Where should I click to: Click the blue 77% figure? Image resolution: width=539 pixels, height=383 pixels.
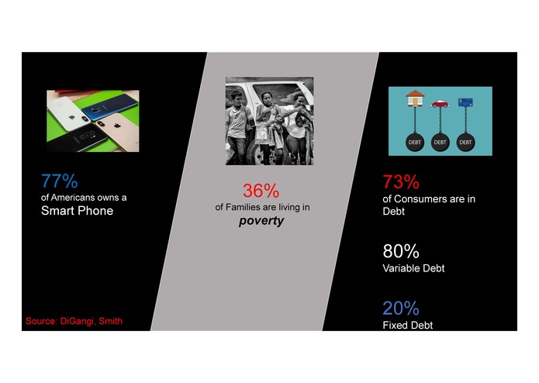[59, 181]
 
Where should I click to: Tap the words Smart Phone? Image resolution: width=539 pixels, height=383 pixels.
[77, 211]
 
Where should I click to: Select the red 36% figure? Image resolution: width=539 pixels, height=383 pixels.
[261, 191]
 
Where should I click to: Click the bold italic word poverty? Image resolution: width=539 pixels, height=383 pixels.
[261, 221]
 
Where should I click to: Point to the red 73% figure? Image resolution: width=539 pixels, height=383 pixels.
[401, 181]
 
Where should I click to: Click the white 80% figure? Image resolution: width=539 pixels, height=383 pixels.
[401, 251]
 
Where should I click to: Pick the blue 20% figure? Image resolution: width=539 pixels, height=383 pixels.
[401, 308]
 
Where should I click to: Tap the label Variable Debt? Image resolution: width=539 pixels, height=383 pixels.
[413, 268]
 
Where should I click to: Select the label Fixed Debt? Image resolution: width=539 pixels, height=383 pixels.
[408, 325]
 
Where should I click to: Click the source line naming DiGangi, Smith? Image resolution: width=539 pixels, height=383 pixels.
[74, 321]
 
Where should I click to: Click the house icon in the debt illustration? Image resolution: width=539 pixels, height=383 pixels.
[415, 98]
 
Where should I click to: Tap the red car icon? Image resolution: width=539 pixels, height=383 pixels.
[440, 104]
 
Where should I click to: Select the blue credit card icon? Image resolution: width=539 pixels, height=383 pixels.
[465, 102]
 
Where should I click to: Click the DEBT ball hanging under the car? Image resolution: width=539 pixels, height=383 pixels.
[440, 142]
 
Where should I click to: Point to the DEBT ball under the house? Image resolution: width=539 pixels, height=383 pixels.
[415, 142]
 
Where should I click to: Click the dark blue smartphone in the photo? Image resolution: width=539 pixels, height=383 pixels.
[109, 108]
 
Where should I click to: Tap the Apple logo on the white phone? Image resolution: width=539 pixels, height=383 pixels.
[72, 118]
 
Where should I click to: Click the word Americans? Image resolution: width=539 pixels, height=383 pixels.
[73, 198]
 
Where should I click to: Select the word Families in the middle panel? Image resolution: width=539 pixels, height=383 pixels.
[243, 207]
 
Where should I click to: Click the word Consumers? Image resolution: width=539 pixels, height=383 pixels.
[417, 199]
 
